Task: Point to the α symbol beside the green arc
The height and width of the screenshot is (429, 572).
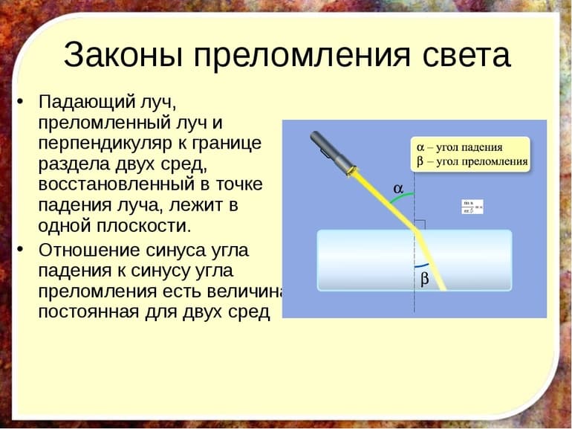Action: point(398,189)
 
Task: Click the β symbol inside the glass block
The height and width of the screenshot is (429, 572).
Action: point(425,280)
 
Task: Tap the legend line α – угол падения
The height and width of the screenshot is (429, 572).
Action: point(460,147)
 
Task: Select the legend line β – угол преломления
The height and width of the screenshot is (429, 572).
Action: point(472,161)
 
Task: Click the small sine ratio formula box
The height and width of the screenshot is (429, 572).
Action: point(472,206)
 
